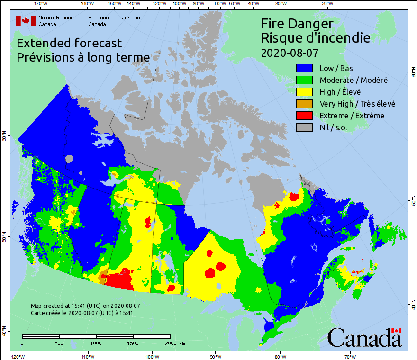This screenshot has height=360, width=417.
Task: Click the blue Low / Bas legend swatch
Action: [305, 68]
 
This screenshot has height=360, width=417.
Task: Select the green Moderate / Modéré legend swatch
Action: [305, 80]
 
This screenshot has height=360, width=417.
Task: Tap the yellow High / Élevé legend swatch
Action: [305, 92]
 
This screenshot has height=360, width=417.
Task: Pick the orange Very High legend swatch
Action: [305, 104]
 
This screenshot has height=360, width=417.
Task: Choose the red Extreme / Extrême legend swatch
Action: [305, 116]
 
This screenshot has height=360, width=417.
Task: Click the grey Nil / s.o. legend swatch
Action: [305, 127]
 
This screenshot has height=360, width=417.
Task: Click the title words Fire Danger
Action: [297, 24]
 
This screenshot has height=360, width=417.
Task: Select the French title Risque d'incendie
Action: [316, 37]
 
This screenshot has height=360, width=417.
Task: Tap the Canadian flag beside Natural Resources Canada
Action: [26, 21]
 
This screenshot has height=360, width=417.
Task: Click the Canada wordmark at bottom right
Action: [364, 338]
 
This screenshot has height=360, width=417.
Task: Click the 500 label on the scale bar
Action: [59, 343]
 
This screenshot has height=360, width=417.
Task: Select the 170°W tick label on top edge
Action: [41, 4]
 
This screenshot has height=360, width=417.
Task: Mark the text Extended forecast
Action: [69, 43]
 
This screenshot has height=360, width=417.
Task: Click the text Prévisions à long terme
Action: [83, 57]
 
